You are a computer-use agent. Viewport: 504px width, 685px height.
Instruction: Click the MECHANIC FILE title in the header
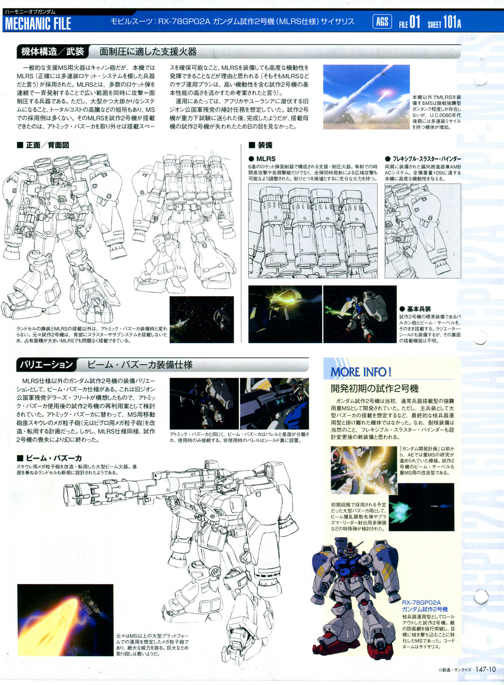coord(38,24)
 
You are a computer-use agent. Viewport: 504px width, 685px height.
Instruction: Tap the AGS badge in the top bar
coord(382,22)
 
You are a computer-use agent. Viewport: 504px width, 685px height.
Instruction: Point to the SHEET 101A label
coord(444,22)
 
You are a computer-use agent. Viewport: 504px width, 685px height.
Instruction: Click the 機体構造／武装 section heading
coord(53,52)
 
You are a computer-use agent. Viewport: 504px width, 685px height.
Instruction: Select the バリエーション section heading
coord(46,365)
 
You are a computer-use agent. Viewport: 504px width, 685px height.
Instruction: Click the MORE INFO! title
coord(361,372)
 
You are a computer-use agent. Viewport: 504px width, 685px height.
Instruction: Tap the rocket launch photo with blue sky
coord(366,97)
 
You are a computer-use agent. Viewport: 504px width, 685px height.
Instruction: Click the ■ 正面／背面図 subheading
coord(43,145)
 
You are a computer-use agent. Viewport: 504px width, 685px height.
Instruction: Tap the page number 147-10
coord(485,669)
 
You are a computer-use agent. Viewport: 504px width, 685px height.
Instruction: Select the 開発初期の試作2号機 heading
coord(374,389)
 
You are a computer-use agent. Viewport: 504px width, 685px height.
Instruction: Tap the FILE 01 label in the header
coord(409,22)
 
